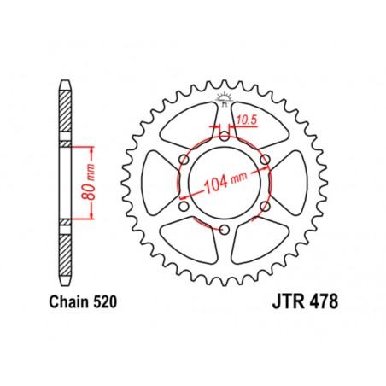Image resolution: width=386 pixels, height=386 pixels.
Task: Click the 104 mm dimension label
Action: [223, 184]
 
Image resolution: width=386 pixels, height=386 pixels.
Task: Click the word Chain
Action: [61, 301]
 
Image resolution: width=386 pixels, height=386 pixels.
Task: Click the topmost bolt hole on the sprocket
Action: [223, 134]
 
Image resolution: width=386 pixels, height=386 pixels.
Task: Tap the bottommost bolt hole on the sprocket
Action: [223, 231]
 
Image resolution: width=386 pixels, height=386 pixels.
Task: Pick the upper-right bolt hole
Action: [265, 159]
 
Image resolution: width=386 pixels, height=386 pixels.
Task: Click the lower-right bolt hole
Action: [265, 207]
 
